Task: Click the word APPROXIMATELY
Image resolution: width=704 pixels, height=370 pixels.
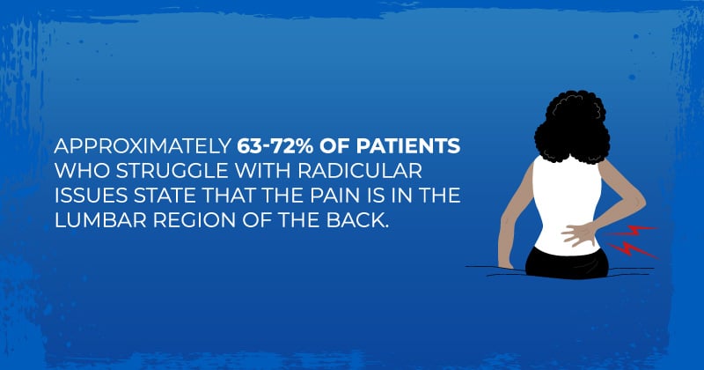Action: coord(143,145)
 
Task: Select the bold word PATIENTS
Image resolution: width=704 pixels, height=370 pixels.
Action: coord(408,145)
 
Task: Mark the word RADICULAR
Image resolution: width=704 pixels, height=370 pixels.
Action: coord(360,170)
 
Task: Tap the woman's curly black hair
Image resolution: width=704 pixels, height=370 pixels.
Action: coord(572,127)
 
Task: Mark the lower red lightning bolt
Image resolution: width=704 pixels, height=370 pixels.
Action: coord(632,250)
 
